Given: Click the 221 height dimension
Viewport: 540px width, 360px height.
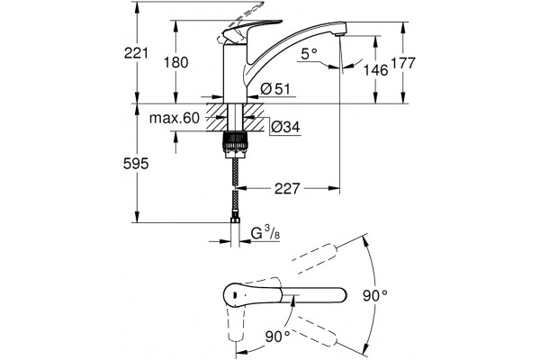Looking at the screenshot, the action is [x=136, y=53].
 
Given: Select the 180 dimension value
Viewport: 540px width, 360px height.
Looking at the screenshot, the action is [x=176, y=63].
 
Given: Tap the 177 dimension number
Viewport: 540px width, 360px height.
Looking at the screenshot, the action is [x=403, y=63].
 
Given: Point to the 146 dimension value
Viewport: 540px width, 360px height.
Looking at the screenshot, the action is [x=376, y=70].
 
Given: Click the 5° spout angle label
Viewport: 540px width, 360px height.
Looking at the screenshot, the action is [x=309, y=53].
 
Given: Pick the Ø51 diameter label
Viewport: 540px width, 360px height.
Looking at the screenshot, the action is [x=275, y=89].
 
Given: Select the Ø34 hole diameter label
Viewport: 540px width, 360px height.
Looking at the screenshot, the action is [x=285, y=127].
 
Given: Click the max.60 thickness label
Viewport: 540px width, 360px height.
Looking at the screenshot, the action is [x=175, y=118].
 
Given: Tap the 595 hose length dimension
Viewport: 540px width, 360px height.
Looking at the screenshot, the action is [x=136, y=164].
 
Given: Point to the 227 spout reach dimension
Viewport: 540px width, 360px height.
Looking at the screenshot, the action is [x=287, y=188].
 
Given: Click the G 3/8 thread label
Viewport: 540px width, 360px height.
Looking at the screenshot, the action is [x=265, y=233].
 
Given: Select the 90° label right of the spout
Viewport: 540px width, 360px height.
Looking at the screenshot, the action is [x=375, y=295].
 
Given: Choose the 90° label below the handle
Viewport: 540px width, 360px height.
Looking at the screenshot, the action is [x=278, y=337].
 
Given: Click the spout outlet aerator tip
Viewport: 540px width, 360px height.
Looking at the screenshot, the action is [x=339, y=34].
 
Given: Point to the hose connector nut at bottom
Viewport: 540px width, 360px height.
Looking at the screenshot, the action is [x=235, y=220].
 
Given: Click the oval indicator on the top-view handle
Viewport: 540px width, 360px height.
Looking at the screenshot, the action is [x=234, y=295].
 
